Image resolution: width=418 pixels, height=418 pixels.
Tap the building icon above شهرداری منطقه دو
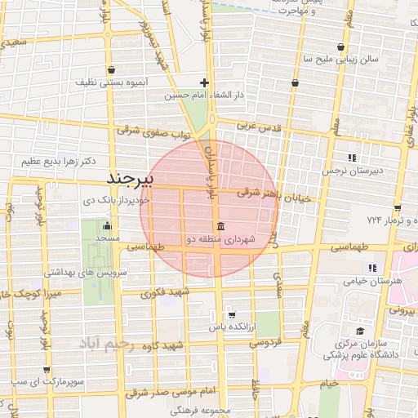click(220, 226)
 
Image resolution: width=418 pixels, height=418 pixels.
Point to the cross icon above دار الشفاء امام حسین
click(204, 82)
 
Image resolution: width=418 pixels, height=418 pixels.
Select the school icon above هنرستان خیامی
click(372, 268)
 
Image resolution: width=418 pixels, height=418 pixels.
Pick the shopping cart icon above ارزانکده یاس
click(231, 314)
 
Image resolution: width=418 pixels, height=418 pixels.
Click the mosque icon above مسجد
click(107, 226)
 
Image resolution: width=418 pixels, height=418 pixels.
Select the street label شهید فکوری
click(163, 292)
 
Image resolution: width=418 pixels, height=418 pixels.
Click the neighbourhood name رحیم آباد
click(116, 345)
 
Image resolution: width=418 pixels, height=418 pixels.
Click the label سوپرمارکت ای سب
click(44, 381)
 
